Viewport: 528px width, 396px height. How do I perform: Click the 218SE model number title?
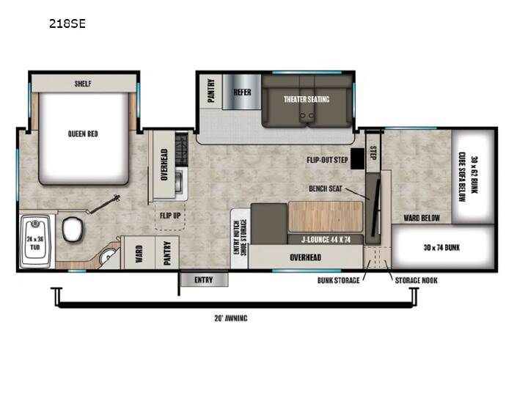[x=67, y=23]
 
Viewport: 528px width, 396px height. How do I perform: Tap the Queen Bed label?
[x=83, y=133]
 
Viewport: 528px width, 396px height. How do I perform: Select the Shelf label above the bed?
[x=83, y=84]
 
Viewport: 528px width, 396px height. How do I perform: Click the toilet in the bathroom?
[x=72, y=229]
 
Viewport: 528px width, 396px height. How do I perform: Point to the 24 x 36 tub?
[x=35, y=241]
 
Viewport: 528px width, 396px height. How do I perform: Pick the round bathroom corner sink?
[x=109, y=257]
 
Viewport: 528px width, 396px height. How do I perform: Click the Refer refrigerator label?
[x=242, y=92]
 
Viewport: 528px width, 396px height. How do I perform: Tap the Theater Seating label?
[x=307, y=99]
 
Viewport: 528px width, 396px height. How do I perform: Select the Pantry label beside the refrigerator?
[x=210, y=90]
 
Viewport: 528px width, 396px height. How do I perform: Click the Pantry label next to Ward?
[x=167, y=253]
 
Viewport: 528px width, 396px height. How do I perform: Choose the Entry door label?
[x=203, y=280]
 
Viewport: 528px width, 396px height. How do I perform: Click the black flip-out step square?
[x=357, y=158]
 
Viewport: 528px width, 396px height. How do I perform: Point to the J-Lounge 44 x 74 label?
[x=326, y=240]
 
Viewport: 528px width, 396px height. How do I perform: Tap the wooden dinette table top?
[x=326, y=217]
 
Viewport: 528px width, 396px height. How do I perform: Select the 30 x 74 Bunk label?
[x=441, y=248]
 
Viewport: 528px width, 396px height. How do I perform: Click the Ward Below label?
[x=422, y=219]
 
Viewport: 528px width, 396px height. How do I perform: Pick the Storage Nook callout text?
[x=417, y=280]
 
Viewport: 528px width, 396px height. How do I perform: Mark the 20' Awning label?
[x=231, y=318]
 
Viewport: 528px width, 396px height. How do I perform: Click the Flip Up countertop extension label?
[x=170, y=216]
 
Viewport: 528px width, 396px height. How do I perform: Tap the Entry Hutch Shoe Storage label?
[x=240, y=237]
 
